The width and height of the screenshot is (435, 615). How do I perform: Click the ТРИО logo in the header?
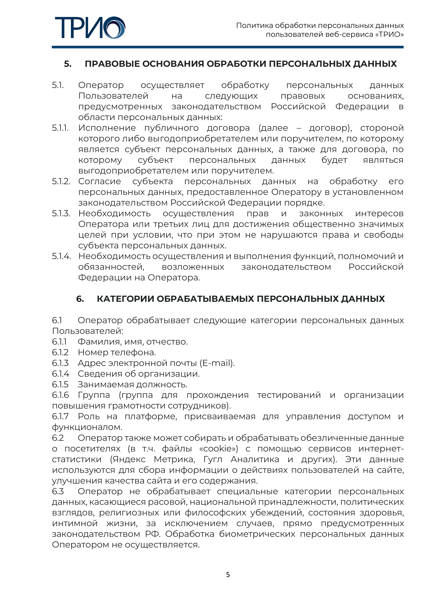(x=90, y=28)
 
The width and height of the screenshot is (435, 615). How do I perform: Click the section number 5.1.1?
(x=60, y=128)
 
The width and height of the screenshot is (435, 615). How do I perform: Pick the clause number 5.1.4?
(x=61, y=256)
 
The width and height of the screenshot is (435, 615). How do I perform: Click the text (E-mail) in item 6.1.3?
(x=217, y=363)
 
